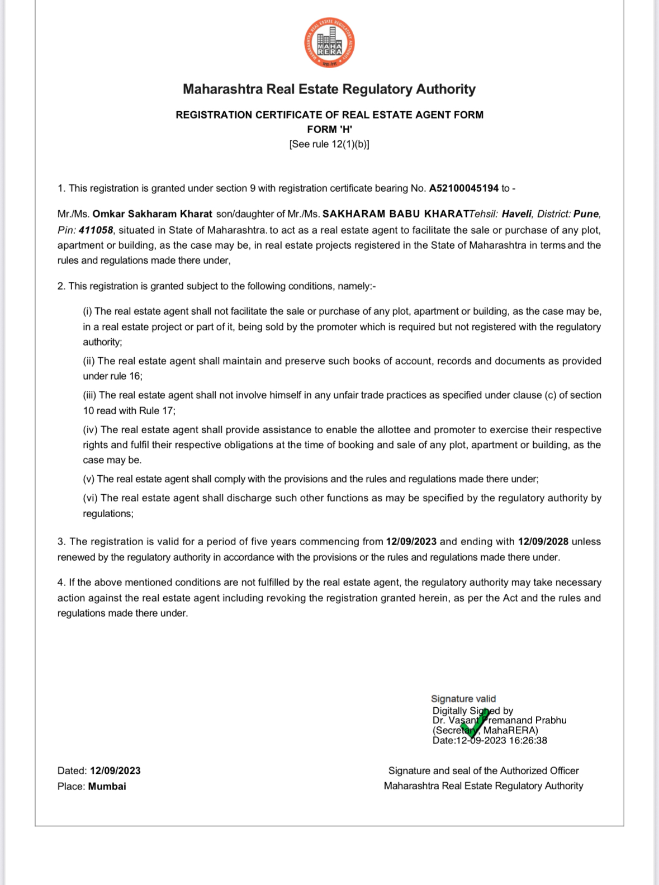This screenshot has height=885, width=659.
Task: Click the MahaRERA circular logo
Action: pos(329,43)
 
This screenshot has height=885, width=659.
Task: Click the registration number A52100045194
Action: pos(463,188)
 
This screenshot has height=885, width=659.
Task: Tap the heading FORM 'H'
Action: pos(329,129)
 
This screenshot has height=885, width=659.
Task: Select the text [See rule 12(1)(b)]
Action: pos(329,144)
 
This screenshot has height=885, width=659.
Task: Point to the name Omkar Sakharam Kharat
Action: pos(152,214)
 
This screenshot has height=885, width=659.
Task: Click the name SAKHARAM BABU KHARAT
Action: pos(396,214)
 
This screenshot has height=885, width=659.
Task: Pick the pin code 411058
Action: pos(96,230)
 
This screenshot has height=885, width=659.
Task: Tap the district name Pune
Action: pos(586,214)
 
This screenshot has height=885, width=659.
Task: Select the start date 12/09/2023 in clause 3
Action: pos(411,542)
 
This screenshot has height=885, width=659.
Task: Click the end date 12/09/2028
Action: pos(543,542)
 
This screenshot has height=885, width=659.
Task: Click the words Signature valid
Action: pos(463,699)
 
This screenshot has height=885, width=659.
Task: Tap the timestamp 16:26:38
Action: pos(528,741)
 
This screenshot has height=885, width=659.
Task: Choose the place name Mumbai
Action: pos(107,786)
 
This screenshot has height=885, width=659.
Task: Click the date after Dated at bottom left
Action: pos(115,771)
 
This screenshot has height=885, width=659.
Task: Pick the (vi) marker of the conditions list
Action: pos(90,498)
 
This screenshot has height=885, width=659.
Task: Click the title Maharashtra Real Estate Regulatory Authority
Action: pos(329,89)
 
